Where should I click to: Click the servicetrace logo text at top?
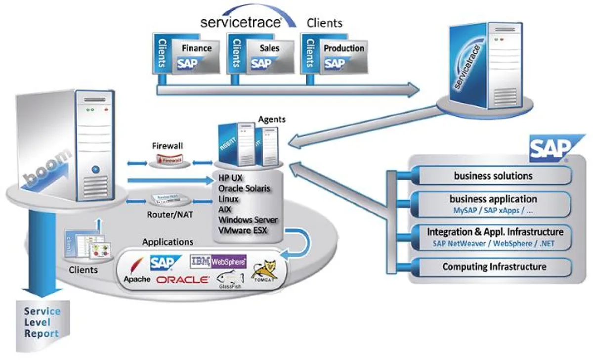(x=241, y=22)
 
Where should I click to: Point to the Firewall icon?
(x=168, y=160)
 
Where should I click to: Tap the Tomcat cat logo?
(x=264, y=272)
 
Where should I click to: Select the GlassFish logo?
(x=230, y=280)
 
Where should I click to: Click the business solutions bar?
(x=493, y=176)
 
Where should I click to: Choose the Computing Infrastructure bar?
(x=493, y=267)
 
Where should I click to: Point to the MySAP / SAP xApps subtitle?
(x=493, y=210)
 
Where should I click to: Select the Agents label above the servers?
(x=272, y=119)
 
